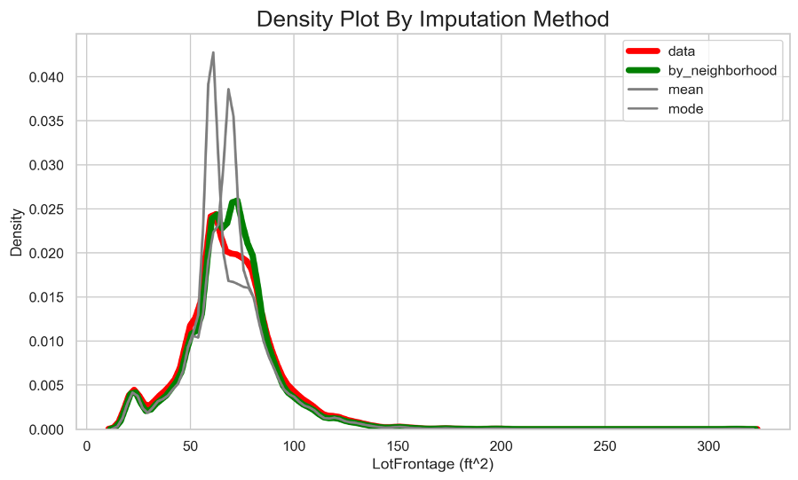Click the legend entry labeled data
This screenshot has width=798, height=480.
tap(681, 51)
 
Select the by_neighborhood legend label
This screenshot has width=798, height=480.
tap(722, 70)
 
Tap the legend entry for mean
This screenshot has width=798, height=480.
tap(685, 90)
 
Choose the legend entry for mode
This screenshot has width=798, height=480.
tap(685, 109)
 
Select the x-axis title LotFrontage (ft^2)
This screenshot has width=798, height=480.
tap(431, 464)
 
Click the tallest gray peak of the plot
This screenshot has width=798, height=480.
tap(213, 53)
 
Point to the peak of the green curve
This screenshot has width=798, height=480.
tap(236, 200)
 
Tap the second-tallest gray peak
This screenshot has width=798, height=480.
tap(228, 90)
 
